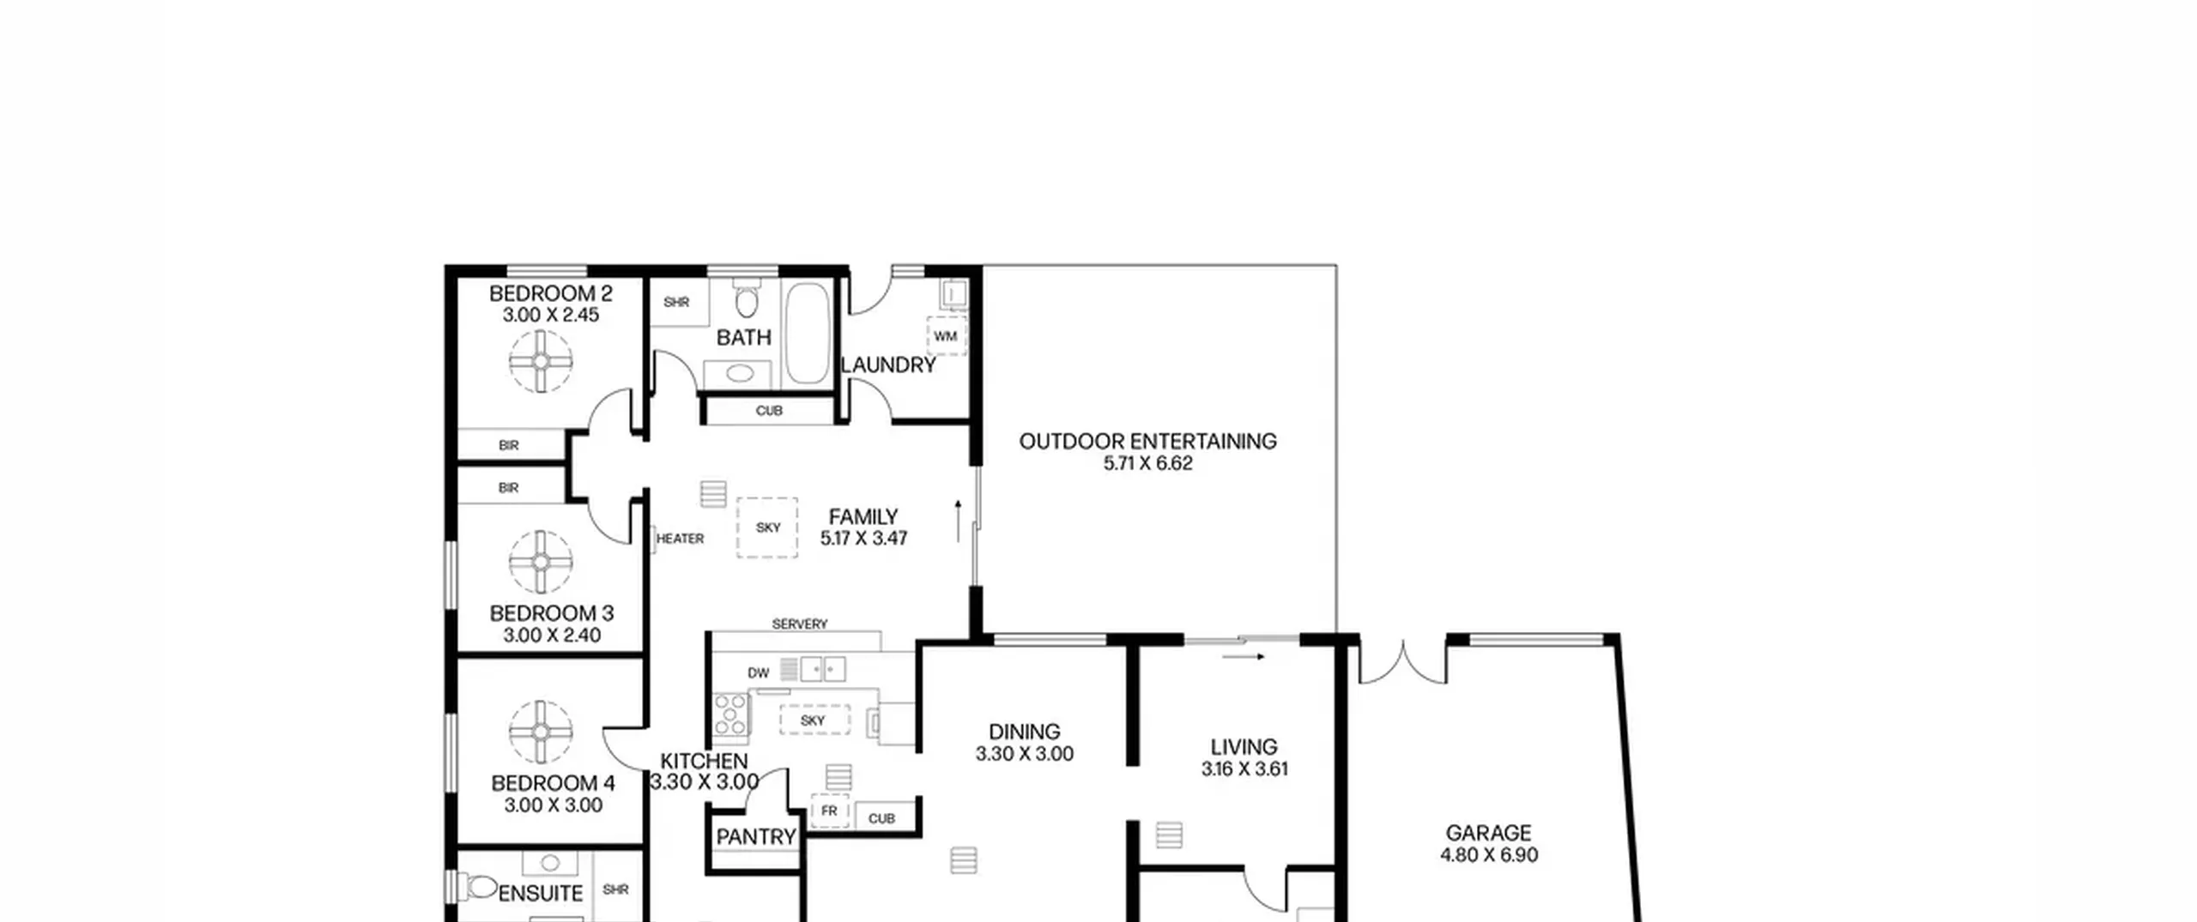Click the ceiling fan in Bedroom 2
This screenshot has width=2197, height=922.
[x=541, y=361]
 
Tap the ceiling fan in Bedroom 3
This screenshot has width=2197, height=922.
[x=541, y=562]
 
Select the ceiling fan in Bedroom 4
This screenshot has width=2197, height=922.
[x=541, y=732]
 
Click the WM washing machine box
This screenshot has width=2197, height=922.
[x=946, y=335]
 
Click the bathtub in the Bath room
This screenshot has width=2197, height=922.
[x=808, y=334]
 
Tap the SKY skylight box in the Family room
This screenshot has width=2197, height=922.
[x=767, y=527]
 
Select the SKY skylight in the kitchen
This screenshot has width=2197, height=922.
[x=814, y=720]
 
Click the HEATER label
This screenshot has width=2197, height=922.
[x=680, y=539]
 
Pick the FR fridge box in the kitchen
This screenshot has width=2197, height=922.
[x=829, y=811]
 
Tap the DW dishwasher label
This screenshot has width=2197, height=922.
[x=759, y=673]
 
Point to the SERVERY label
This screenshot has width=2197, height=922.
[x=800, y=624]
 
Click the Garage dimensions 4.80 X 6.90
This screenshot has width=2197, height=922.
[x=1489, y=855]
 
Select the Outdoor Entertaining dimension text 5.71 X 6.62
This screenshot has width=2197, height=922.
[x=1148, y=463]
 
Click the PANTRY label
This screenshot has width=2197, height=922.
[x=756, y=836]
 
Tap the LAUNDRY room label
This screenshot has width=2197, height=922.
[x=888, y=365]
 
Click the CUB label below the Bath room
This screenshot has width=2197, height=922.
[x=769, y=411]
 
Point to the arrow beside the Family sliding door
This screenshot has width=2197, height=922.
[x=958, y=521]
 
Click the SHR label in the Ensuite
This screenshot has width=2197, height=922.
[x=615, y=889]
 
